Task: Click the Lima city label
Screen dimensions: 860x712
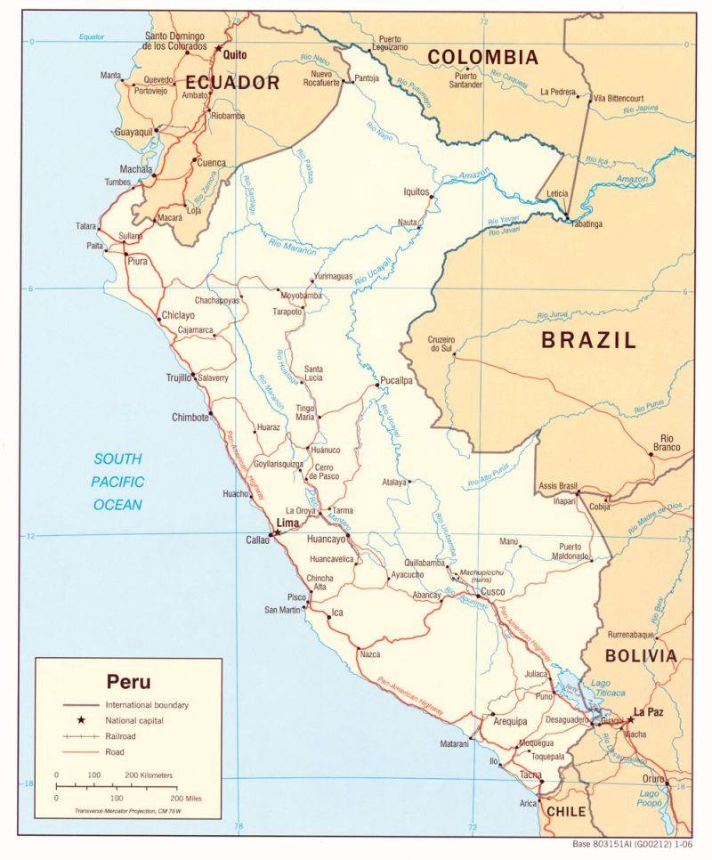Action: [287, 523]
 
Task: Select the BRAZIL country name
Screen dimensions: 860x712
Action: [589, 339]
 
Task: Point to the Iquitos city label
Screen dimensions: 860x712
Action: [416, 191]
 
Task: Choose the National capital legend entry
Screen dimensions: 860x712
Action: [134, 719]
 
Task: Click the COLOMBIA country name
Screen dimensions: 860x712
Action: [482, 58]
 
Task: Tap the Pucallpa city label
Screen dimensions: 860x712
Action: [396, 380]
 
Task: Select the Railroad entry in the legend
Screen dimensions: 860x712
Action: [123, 736]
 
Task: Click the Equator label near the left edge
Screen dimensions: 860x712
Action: [92, 37]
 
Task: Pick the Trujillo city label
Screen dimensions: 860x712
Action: [179, 378]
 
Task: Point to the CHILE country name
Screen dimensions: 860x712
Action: [566, 811]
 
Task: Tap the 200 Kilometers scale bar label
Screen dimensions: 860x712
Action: [150, 775]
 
